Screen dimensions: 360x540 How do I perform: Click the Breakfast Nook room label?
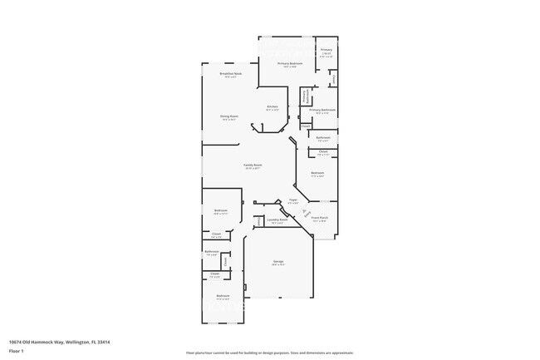[231, 74]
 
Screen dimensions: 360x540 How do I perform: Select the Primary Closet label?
[326, 52]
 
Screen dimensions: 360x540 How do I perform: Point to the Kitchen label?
[272, 106]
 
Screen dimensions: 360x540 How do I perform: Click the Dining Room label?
[229, 116]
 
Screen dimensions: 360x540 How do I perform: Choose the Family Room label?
[253, 165]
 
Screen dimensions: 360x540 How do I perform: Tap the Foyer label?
[293, 200]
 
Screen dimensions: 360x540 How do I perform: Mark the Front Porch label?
[320, 218]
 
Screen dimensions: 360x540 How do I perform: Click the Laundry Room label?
[277, 219]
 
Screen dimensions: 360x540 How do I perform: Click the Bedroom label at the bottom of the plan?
[223, 296]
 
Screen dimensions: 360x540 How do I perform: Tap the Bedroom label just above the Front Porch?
[317, 173]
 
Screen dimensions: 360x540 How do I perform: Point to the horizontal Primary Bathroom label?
[322, 110]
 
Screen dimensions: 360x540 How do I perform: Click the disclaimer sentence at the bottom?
[269, 353]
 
